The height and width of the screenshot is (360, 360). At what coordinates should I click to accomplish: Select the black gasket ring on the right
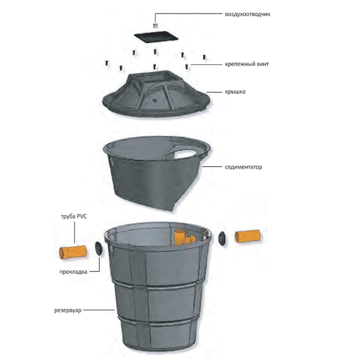(222, 238)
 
